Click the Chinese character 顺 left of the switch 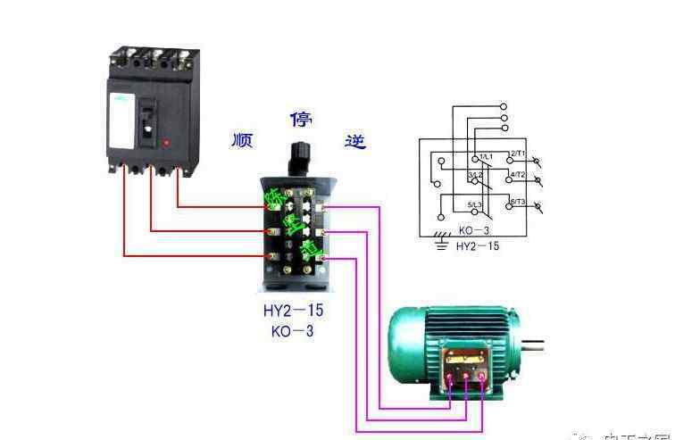(241, 139)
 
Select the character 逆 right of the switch (355, 139)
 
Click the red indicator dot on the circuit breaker (167, 142)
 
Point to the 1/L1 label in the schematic (486, 157)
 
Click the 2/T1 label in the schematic (517, 154)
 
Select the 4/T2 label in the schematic (517, 174)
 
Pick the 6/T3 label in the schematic (517, 203)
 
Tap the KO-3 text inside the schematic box (474, 230)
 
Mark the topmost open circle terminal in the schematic (504, 104)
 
